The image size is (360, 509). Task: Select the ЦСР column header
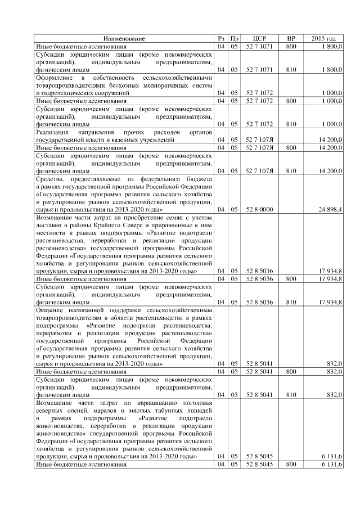click(x=259, y=38)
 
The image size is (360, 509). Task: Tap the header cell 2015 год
click(x=324, y=38)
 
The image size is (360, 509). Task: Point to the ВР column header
click(x=291, y=38)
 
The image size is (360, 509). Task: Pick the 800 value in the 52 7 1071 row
click(x=291, y=46)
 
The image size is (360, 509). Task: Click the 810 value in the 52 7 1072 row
click(x=291, y=123)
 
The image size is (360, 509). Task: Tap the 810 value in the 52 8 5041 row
click(x=291, y=395)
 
